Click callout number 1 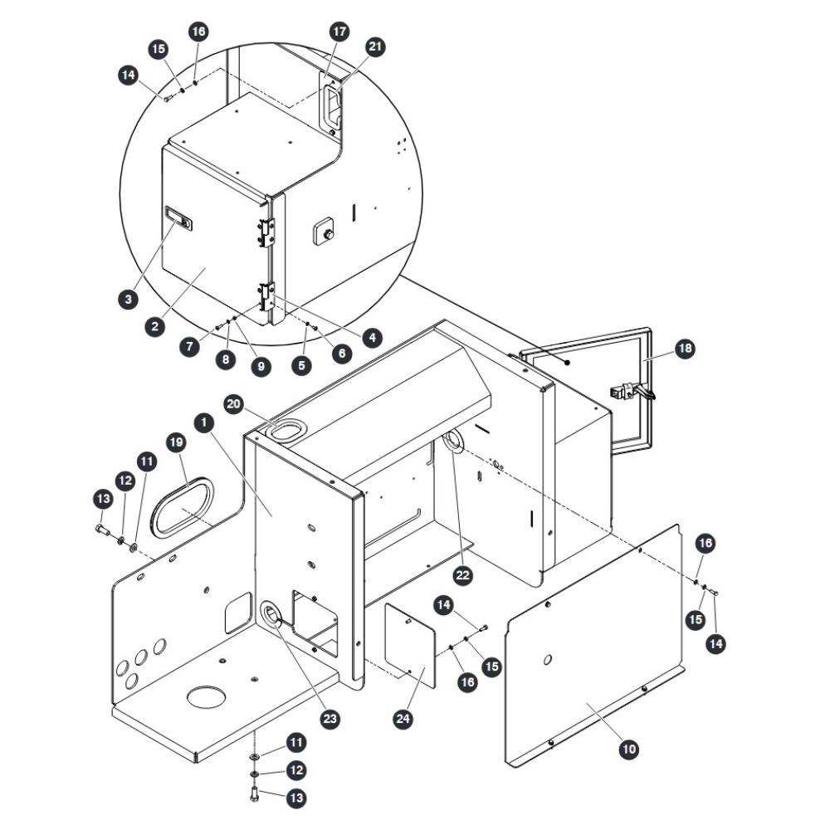(x=204, y=422)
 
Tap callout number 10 (x=629, y=749)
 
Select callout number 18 (x=685, y=349)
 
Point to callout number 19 (x=176, y=442)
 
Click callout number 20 (x=234, y=405)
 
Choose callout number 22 (x=463, y=575)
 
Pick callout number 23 (x=330, y=718)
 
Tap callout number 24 (x=403, y=718)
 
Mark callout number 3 (x=128, y=299)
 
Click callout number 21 (x=375, y=46)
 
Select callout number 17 (x=339, y=32)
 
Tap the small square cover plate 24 (x=410, y=645)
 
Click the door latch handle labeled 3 (x=179, y=218)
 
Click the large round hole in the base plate (x=206, y=697)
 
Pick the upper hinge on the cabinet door (x=268, y=232)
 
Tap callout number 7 (x=190, y=347)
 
